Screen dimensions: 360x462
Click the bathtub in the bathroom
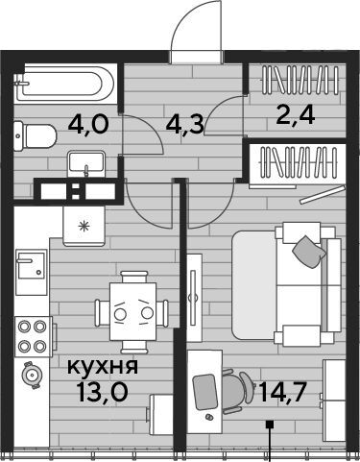64,84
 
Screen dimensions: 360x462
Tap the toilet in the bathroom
36,136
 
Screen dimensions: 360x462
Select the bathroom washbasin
86,163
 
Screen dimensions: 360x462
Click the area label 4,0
88,125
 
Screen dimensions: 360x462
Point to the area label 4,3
185,125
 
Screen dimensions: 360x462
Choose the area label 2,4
297,115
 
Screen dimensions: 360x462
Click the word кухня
103,367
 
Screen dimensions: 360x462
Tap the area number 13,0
103,392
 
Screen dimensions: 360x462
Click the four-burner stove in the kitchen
33,336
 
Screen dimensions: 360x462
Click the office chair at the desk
238,391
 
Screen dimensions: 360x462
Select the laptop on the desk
204,392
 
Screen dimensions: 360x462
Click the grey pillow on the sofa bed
309,252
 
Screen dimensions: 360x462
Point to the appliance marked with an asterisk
84,226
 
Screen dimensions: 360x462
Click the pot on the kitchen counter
32,375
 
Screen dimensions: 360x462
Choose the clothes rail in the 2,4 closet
300,80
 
